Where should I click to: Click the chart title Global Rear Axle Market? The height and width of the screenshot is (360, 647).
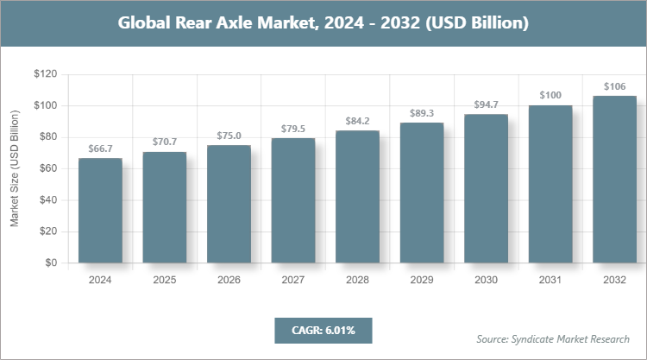tap(323, 23)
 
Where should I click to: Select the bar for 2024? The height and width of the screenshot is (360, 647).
tap(100, 211)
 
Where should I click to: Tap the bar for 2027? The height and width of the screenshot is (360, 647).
tap(293, 200)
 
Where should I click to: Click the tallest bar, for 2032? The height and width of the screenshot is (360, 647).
tap(614, 179)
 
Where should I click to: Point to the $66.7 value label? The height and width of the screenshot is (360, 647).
tap(100, 149)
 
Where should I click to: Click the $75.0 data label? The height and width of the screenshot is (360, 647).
tap(229, 136)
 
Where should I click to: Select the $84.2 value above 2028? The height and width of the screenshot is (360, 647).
tap(357, 122)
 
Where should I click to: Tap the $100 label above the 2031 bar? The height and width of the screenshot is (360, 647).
tap(550, 96)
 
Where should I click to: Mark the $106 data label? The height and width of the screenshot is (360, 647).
tap(614, 87)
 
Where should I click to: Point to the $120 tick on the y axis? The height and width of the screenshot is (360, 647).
tap(45, 74)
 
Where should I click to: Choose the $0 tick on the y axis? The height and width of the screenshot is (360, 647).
tap(51, 262)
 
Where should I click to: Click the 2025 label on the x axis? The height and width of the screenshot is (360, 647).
tap(164, 280)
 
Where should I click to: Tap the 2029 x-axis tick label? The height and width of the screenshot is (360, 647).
tap(422, 280)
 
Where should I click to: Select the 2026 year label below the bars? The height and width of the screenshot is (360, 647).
tap(229, 280)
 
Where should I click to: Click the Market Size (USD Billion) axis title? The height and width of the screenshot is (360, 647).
tap(15, 168)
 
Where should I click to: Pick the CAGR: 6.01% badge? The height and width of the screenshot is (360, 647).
tap(323, 330)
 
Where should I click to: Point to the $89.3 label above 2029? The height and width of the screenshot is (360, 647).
tap(422, 113)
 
